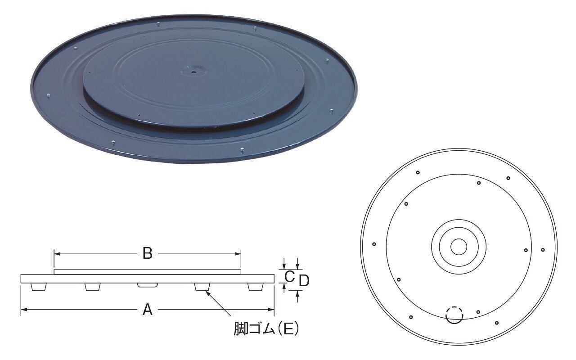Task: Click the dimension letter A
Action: coord(148,310)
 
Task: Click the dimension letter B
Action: coord(147,254)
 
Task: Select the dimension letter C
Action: coord(290,275)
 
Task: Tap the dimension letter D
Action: coord(304,281)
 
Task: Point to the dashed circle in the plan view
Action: coord(454,315)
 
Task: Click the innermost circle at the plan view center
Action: coord(459,246)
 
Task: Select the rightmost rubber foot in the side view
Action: coord(256,287)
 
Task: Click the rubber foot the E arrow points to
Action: coord(202,287)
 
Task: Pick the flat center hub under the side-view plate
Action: coord(147,285)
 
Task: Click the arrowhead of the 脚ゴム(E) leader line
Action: coord(206,292)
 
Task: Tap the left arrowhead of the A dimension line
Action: coord(23,310)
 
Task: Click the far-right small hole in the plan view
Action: coord(543,250)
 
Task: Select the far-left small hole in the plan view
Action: coord(374,244)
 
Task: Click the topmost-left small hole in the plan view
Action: coord(418,172)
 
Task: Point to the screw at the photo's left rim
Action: coord(48,95)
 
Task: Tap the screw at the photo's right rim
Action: coord(331,110)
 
